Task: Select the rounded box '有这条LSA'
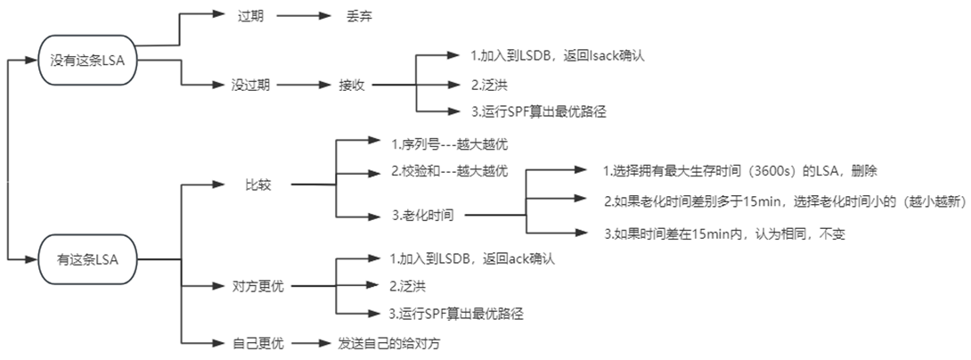coord(87,259)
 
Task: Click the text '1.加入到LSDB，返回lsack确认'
coord(557,56)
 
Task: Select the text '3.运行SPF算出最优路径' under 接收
coord(543,111)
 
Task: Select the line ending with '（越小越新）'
coord(784,200)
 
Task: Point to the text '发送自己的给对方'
coord(389,341)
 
